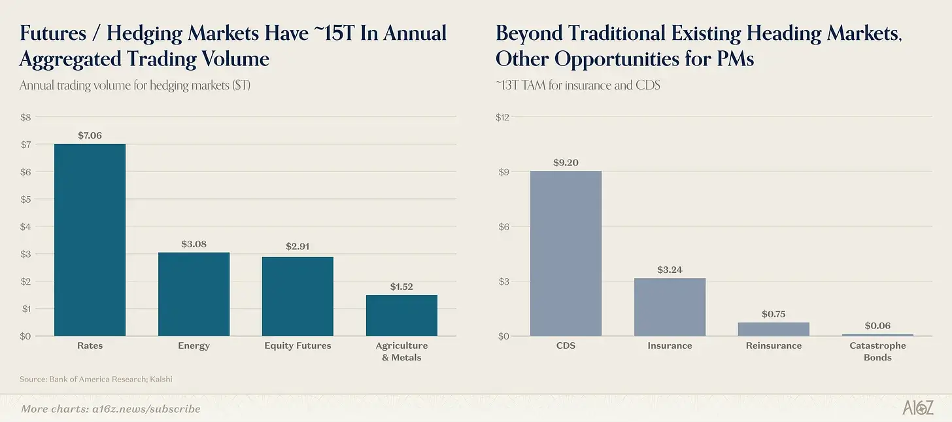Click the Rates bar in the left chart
(x=90, y=239)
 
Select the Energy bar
(x=194, y=294)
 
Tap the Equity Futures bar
(x=297, y=296)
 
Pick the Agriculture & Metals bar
(x=401, y=315)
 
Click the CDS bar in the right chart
(x=566, y=253)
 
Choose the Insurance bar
(x=670, y=307)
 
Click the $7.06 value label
(x=90, y=135)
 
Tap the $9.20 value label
(x=566, y=162)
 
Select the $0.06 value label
(x=877, y=325)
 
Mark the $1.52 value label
(x=401, y=287)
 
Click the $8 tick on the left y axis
(x=25, y=117)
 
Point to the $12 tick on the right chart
(x=502, y=117)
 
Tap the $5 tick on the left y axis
(x=25, y=200)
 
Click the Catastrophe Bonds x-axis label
(x=877, y=351)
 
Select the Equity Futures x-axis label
(x=297, y=345)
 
